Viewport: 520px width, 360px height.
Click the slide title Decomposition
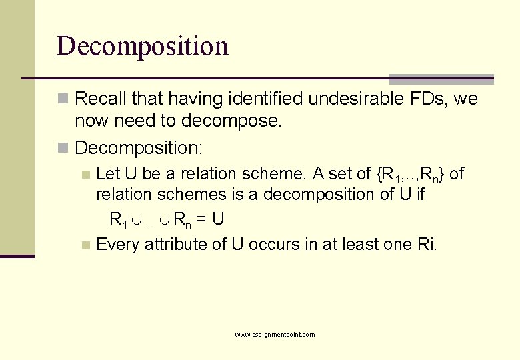pyautogui.click(x=143, y=46)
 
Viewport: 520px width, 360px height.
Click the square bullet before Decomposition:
pyautogui.click(x=63, y=147)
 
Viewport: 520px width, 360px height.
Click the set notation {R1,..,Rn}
pyautogui.click(x=411, y=175)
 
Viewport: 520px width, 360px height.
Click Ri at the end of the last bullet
pyautogui.click(x=426, y=244)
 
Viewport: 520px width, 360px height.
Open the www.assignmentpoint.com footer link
pyautogui.click(x=275, y=335)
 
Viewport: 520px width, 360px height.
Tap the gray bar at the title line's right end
pyautogui.click(x=441, y=79)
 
